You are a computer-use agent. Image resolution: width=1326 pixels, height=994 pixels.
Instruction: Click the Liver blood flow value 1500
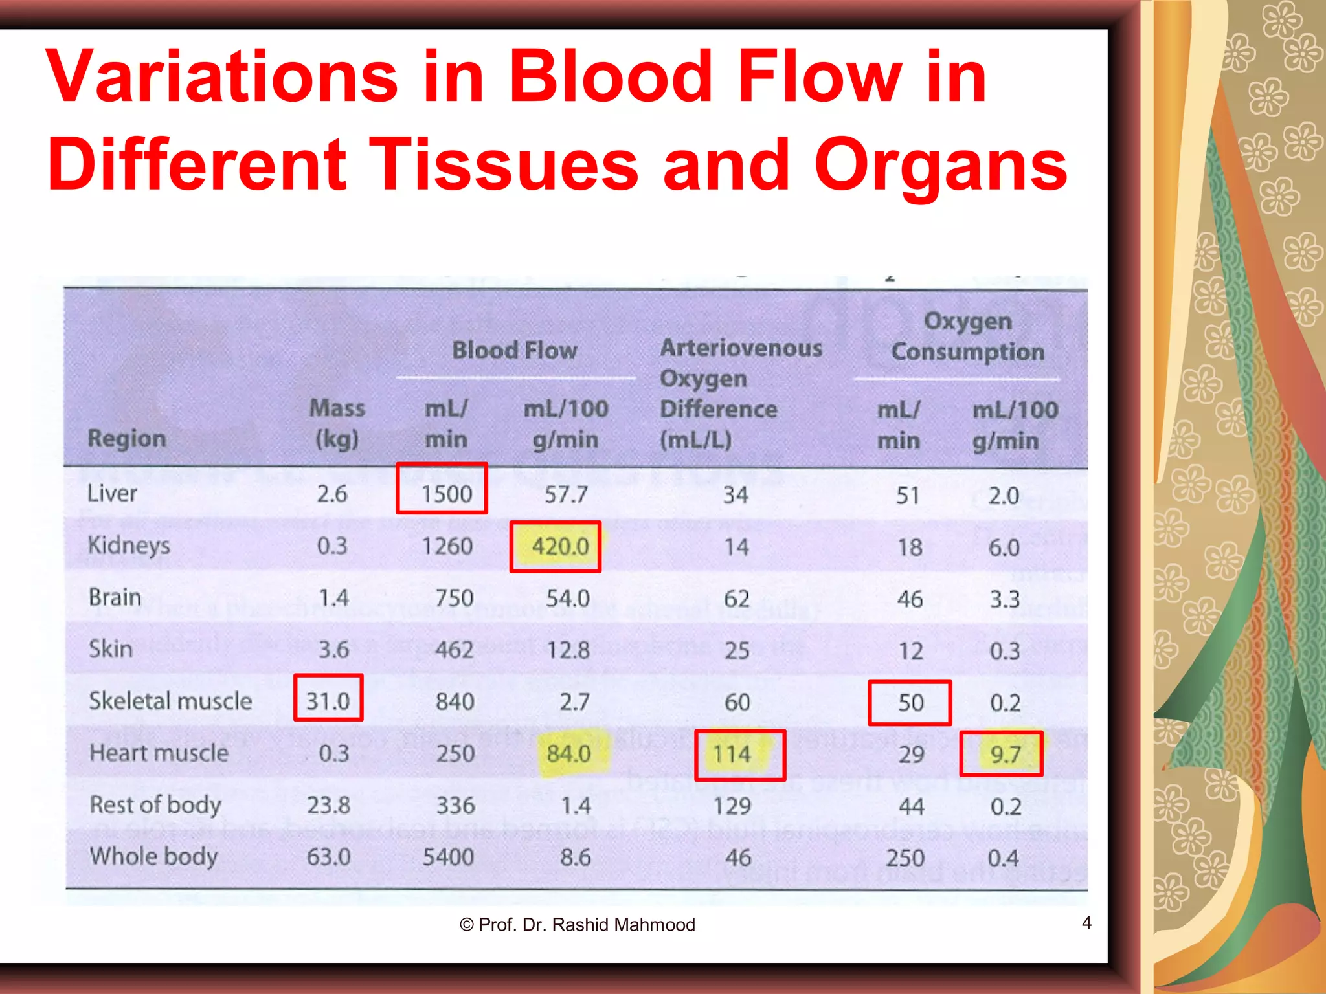[x=446, y=494]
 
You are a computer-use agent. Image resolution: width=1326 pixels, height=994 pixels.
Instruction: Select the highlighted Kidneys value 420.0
[x=560, y=546]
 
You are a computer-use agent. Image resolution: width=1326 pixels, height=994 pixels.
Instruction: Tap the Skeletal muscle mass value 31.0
[x=328, y=701]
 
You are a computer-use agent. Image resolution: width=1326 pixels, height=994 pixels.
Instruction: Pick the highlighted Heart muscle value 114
[x=732, y=754]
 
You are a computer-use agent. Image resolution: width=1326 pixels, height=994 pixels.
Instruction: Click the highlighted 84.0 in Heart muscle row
[x=568, y=753]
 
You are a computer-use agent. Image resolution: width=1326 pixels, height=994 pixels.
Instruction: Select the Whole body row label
[x=153, y=856]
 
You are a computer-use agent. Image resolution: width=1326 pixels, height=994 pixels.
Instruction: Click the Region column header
[x=127, y=438]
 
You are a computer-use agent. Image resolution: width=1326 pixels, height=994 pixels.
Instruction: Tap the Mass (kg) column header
[x=337, y=423]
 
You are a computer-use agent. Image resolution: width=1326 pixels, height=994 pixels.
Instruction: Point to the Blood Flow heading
[x=514, y=350]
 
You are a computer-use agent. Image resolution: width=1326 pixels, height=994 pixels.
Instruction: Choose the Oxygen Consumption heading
[x=968, y=337]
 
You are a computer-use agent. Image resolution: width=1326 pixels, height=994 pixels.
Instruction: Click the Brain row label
[x=115, y=597]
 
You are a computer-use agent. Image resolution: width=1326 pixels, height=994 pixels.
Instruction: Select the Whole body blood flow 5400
[x=448, y=857]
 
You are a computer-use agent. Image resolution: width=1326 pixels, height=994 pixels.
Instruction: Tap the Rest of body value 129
[x=732, y=806]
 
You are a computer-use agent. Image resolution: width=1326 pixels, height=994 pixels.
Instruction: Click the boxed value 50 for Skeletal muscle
[x=910, y=702]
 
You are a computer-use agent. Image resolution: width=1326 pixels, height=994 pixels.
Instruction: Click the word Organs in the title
[x=940, y=165]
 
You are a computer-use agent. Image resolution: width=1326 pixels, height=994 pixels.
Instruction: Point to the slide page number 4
[x=1086, y=922]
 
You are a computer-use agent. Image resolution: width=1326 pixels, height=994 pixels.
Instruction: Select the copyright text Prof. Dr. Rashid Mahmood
[x=578, y=925]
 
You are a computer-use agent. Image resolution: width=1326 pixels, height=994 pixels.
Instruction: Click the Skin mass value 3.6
[x=333, y=649]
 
